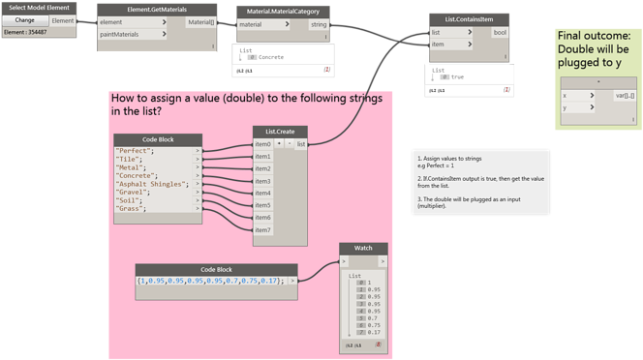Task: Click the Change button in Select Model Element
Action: (24, 20)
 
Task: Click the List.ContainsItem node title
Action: (470, 20)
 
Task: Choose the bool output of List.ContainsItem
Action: (500, 32)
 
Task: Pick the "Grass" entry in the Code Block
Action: (132, 209)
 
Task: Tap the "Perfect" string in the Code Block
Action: (135, 151)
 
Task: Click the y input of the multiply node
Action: (566, 108)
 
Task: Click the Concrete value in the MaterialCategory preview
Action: (270, 57)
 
